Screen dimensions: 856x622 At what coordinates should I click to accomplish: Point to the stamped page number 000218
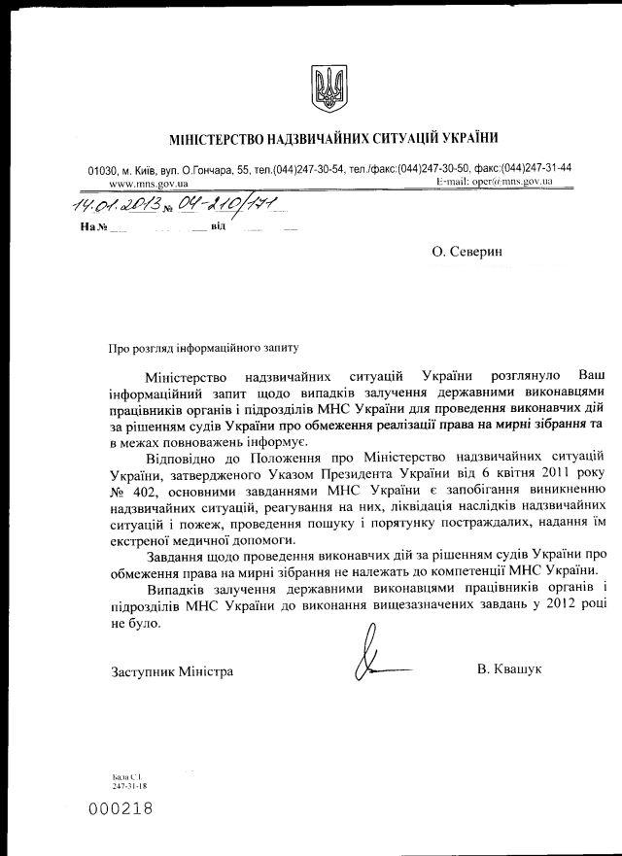click(x=121, y=808)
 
